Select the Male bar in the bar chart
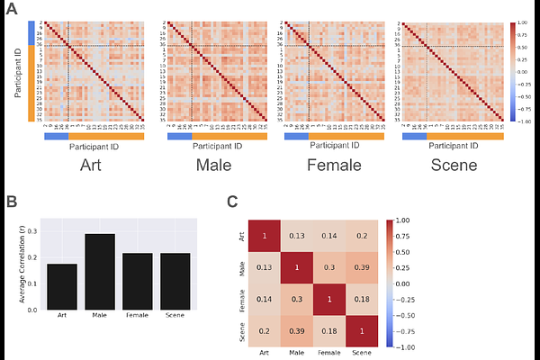click(x=101, y=271)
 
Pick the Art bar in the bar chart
click(x=62, y=286)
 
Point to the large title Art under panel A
click(x=91, y=166)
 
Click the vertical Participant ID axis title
click(x=18, y=71)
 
